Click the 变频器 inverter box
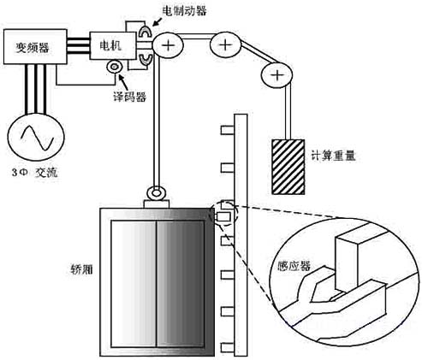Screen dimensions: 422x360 point(35,47)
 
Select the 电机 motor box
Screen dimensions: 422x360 point(113,45)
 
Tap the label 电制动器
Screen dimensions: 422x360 point(184,11)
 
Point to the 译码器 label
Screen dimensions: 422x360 point(130,97)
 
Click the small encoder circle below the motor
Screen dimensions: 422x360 point(115,67)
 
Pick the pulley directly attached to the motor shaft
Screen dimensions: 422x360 point(168,45)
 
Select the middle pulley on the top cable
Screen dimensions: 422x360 point(225,44)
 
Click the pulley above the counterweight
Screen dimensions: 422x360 point(276,75)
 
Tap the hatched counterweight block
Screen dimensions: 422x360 point(288,167)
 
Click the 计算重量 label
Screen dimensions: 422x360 point(333,156)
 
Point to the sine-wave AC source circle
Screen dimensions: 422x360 point(36,137)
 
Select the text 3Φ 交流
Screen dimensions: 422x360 point(34,173)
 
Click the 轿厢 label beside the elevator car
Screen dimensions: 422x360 point(81,269)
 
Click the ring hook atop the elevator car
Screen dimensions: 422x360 point(156,193)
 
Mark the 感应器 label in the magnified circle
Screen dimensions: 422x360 point(294,267)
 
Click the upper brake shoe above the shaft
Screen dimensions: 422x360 point(146,31)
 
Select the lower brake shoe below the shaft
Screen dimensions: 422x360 point(146,59)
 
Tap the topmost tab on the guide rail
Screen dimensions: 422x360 point(228,130)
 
